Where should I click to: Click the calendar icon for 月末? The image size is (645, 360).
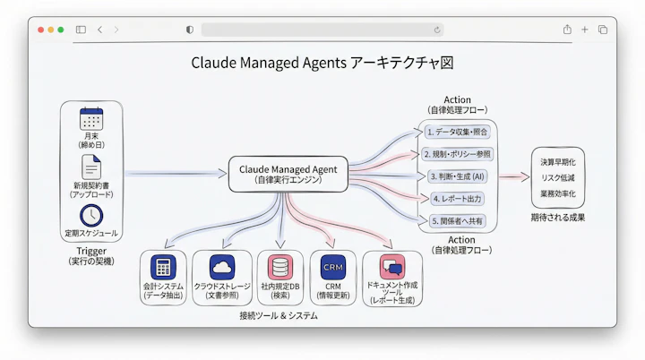point(91,119)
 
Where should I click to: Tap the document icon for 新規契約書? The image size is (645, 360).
point(91,167)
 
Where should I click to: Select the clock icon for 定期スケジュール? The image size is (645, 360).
point(91,216)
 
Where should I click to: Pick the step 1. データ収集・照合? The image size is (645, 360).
point(457,132)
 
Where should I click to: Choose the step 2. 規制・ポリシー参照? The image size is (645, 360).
point(457,154)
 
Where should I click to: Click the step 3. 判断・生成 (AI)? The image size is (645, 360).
point(457,176)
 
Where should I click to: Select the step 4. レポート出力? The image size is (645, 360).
point(457,198)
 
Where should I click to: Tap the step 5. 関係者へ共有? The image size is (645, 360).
point(457,220)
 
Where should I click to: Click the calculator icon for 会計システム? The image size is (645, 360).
point(162,267)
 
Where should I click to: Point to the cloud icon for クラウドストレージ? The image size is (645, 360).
point(221,267)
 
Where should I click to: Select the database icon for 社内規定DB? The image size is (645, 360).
point(280,267)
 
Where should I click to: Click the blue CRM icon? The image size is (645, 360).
point(333,267)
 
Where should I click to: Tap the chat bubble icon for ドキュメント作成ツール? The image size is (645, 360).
point(392,267)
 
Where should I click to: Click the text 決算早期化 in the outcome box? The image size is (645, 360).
point(558,162)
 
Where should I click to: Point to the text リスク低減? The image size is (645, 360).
point(558,178)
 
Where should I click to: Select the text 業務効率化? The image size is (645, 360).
point(558,193)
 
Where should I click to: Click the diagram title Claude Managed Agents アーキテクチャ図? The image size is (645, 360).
point(322,64)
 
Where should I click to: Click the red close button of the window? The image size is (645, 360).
point(40,30)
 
